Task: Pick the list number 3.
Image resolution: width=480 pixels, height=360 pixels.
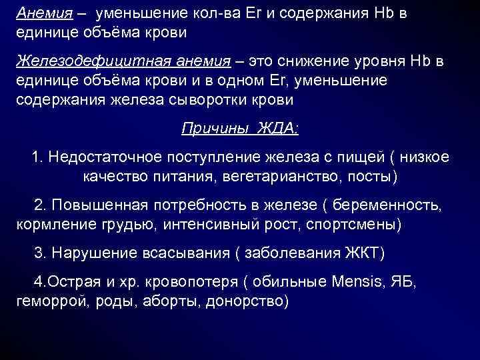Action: pyautogui.click(x=39, y=254)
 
